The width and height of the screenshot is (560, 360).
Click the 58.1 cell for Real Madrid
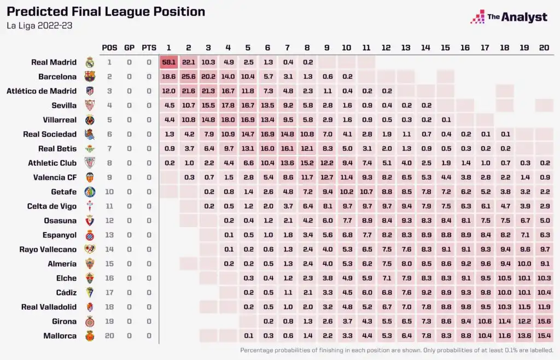(x=168, y=62)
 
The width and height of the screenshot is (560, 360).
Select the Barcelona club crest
(x=90, y=77)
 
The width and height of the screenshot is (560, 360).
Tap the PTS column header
(x=149, y=48)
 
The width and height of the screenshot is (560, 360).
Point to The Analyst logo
(x=509, y=17)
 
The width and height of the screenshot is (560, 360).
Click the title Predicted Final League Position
(x=106, y=11)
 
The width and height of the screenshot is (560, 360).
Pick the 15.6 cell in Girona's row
(x=544, y=321)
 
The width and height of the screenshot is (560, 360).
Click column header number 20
(x=544, y=48)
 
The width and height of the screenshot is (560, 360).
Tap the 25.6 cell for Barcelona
(x=188, y=77)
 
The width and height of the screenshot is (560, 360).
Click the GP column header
(x=129, y=48)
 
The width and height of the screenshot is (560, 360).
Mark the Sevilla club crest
(x=90, y=106)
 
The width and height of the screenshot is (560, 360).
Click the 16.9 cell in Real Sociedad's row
(x=267, y=134)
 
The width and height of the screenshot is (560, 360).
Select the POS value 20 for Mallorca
(x=109, y=336)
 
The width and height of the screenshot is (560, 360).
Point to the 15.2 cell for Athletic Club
(x=307, y=163)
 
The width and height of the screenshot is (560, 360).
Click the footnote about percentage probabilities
(x=396, y=350)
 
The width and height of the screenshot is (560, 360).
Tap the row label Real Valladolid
(x=49, y=307)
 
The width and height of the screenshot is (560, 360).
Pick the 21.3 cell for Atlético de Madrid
(x=208, y=91)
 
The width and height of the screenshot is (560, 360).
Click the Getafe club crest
(x=90, y=192)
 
